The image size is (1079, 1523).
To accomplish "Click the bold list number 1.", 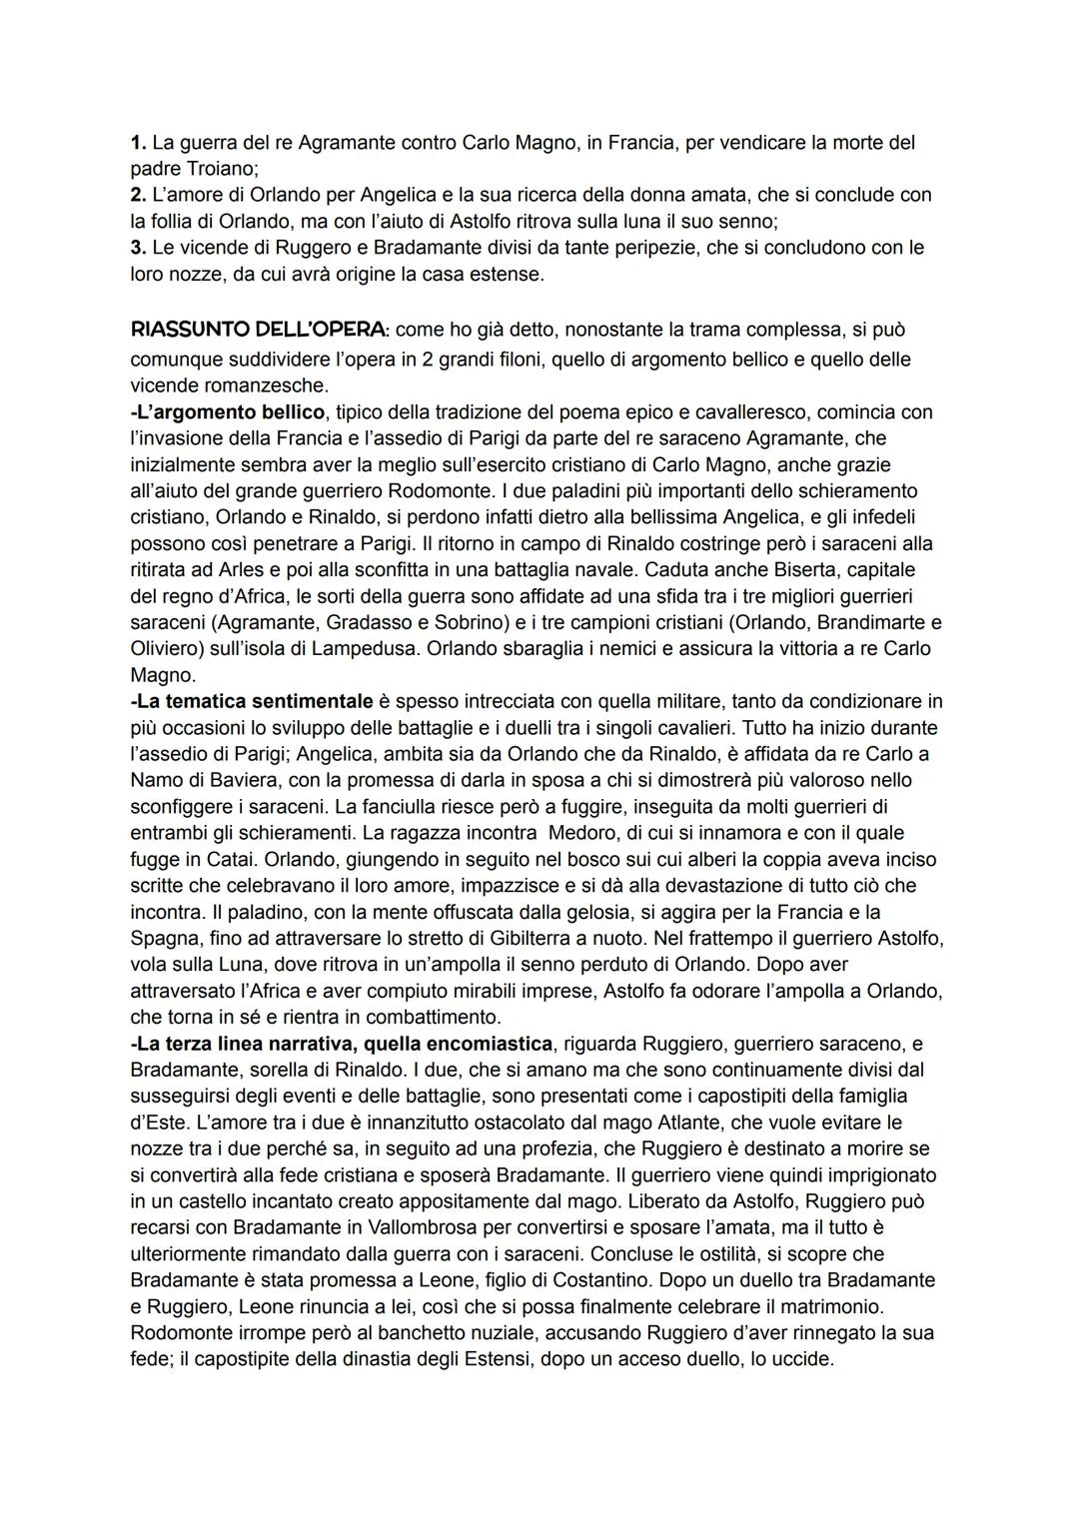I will (x=138, y=143).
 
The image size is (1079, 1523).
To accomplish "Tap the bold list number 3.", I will (x=138, y=248).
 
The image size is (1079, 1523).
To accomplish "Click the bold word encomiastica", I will (x=484, y=1044).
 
